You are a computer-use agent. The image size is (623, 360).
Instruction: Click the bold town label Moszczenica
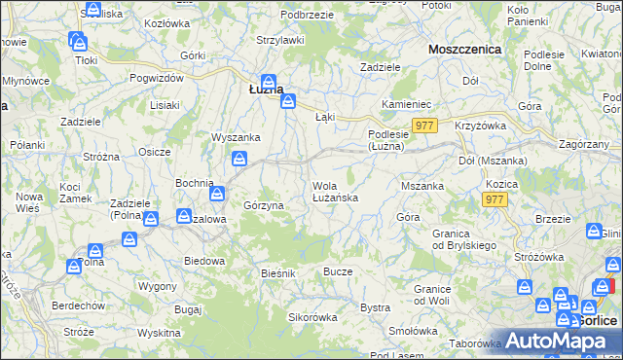coord(464,48)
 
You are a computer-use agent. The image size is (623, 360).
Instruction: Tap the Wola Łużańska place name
coord(336,191)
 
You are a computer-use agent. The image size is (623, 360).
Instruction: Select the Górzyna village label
coord(263,206)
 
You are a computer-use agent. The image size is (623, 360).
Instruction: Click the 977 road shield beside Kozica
coord(495,198)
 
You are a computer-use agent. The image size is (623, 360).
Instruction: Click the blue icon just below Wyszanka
coord(238,160)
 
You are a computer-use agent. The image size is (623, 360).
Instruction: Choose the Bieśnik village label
coord(277,273)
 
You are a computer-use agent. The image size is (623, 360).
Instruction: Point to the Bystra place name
coord(375,307)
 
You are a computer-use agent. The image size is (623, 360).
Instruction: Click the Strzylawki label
coord(280,40)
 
